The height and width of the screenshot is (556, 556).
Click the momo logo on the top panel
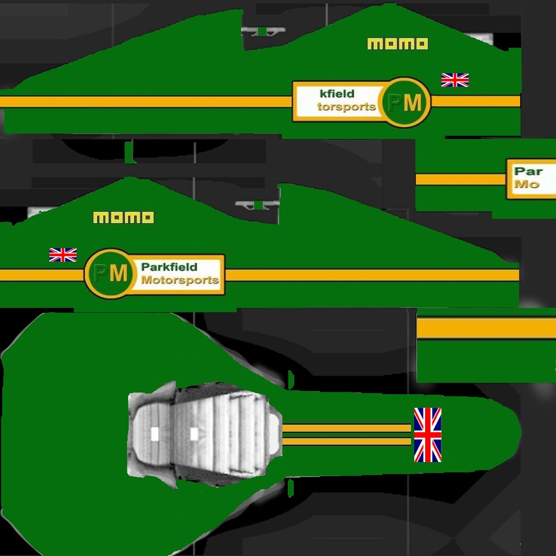pos(397,44)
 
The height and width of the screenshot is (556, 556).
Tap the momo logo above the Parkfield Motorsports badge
pos(123,218)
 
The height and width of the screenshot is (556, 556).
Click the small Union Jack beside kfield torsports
pos(455,80)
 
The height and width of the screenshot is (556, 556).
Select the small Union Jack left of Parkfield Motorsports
pos(63,255)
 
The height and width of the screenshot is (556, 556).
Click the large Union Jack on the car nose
pos(428,435)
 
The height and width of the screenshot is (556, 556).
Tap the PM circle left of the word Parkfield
pos(110,273)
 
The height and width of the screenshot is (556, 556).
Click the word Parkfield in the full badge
pos(169,267)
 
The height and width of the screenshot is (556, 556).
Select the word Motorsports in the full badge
pos(180,280)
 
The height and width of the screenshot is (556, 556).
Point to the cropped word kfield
pos(337,94)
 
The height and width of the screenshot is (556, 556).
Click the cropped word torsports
pos(346,106)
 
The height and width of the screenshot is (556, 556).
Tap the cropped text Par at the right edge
pos(528,172)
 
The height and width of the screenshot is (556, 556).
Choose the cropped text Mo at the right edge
pos(527,184)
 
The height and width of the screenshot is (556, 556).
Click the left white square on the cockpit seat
pos(155,434)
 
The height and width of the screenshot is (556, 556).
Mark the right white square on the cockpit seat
pos(194,434)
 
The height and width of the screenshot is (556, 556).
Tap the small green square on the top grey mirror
pos(262,31)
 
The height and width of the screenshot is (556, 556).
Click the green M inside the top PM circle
pos(413,102)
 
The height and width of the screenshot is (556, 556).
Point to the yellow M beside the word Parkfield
pos(118,273)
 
